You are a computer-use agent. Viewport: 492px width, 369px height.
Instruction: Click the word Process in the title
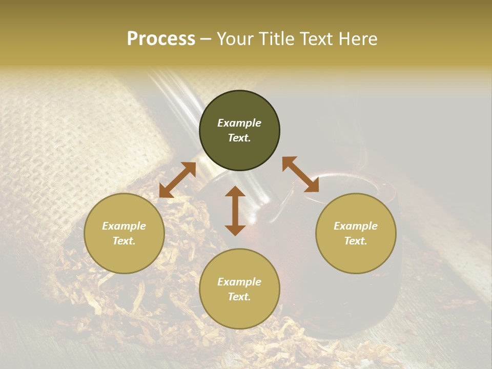(161, 39)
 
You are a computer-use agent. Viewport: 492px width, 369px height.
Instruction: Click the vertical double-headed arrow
(235, 211)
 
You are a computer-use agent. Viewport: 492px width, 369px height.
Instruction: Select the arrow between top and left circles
(177, 180)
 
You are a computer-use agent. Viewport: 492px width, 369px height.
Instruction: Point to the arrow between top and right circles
(301, 174)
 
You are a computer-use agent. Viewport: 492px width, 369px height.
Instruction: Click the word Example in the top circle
(239, 123)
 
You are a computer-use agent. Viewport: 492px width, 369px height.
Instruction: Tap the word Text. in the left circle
(124, 241)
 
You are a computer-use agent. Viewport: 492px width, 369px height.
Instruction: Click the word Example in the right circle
(356, 226)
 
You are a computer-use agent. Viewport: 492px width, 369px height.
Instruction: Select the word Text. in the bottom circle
(239, 297)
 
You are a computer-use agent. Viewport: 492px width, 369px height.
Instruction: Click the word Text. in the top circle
(239, 138)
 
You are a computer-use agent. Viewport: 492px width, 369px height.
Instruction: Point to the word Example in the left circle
(124, 226)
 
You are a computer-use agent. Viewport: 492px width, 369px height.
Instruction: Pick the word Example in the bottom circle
(239, 282)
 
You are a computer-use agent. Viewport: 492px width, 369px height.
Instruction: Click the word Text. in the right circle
(356, 241)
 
